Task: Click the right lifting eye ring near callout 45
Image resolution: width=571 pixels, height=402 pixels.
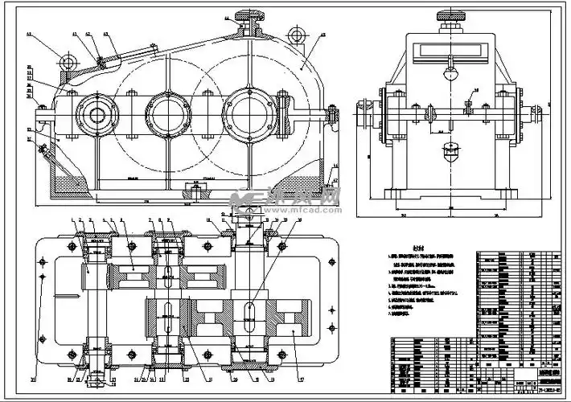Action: (298, 35)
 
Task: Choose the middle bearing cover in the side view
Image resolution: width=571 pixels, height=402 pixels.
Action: (167, 113)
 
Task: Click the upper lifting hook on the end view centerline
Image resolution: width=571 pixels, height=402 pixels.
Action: (449, 74)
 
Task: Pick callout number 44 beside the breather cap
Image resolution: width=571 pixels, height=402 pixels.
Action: (227, 17)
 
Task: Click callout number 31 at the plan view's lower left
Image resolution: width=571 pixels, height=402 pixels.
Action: (35, 377)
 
